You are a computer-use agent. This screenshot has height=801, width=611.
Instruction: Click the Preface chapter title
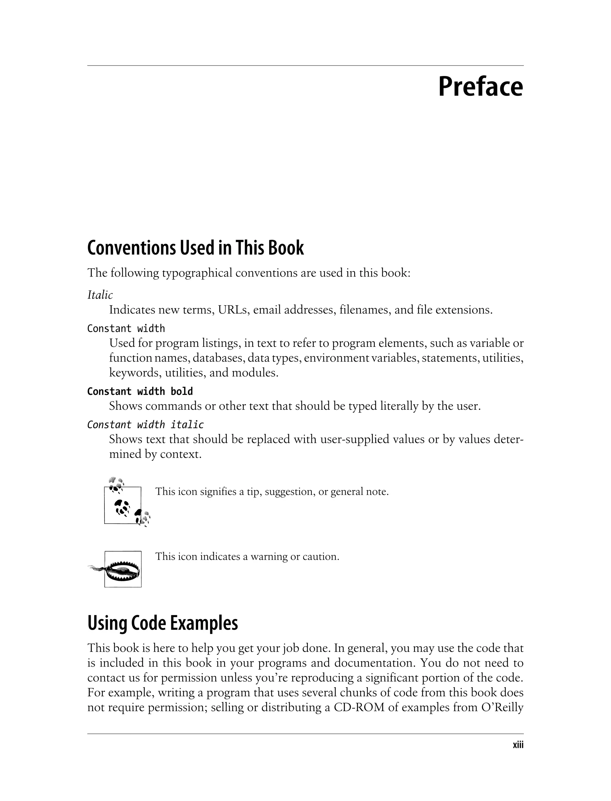coord(480,87)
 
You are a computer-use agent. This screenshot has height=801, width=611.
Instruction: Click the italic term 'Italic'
coord(100,295)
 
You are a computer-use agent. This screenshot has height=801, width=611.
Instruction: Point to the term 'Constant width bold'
coord(140,391)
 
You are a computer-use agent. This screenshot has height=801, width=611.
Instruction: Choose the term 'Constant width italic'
coord(146,424)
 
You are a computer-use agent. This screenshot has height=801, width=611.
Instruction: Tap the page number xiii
coord(518,745)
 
